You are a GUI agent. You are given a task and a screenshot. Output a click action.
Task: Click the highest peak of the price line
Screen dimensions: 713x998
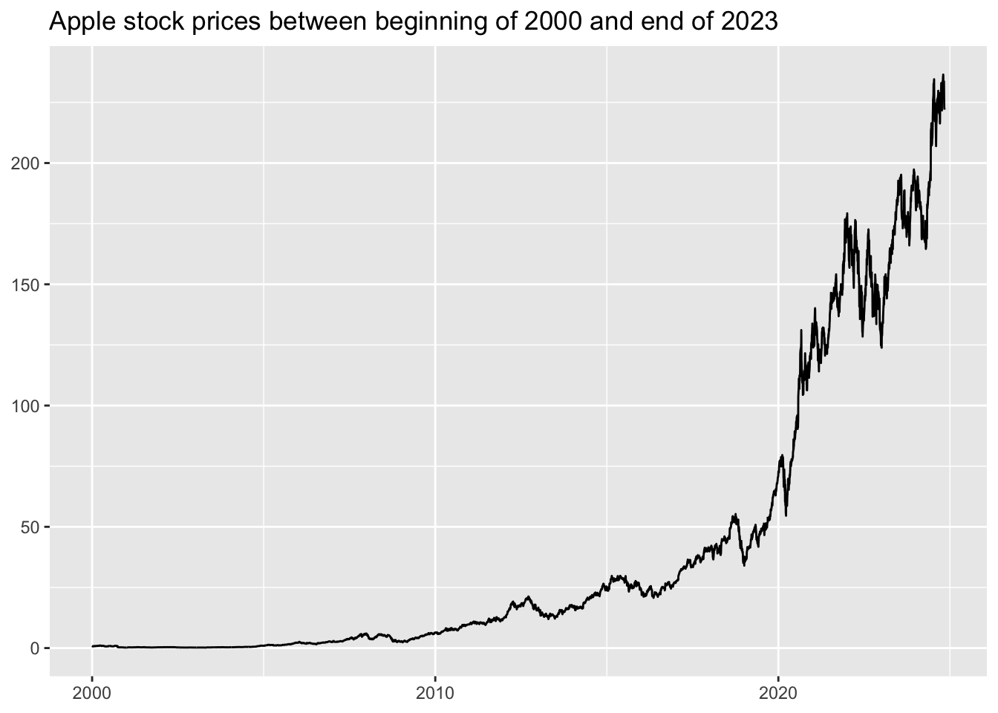[x=943, y=74]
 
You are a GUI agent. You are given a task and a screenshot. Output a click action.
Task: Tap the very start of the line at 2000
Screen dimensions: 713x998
[x=92, y=646]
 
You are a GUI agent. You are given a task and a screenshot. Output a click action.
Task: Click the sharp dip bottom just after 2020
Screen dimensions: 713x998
[x=786, y=515]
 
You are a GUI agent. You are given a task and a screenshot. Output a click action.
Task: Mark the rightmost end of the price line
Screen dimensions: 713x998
[x=945, y=109]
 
